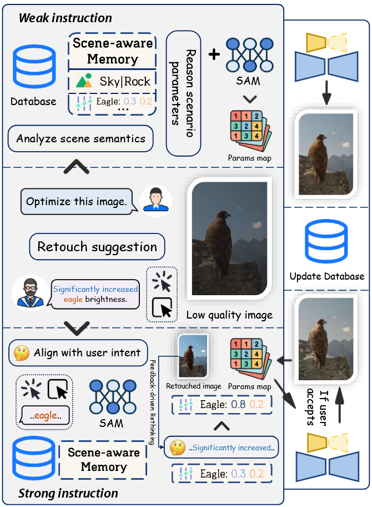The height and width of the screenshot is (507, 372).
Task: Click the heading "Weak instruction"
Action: [x=65, y=17]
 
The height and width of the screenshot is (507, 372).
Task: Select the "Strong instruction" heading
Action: [x=68, y=493]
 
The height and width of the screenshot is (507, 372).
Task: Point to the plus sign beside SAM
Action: [x=214, y=54]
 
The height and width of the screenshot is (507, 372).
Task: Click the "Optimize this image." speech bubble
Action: [x=76, y=202]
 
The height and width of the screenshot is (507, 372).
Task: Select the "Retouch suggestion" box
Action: [x=97, y=246]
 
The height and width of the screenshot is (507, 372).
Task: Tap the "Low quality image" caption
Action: [x=229, y=315]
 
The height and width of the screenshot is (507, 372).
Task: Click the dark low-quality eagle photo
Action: [x=230, y=239]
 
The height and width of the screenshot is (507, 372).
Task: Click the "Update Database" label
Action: [x=327, y=276]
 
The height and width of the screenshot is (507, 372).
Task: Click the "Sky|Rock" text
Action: [x=125, y=82]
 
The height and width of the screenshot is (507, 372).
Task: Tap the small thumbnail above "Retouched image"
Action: [x=193, y=357]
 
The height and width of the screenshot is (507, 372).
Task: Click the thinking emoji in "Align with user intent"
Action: [x=21, y=352]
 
